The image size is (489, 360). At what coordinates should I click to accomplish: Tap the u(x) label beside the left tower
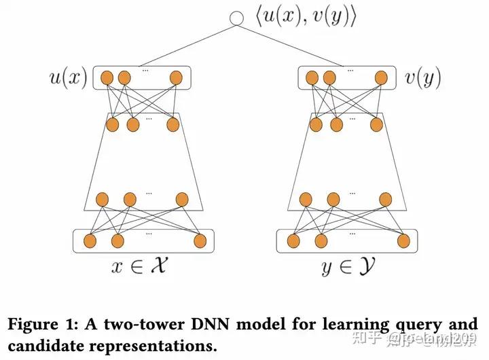point(67,79)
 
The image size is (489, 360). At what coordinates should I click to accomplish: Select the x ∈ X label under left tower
point(138,267)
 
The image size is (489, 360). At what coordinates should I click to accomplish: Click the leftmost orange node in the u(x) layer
point(107,78)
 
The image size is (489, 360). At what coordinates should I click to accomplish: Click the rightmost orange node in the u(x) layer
point(176,78)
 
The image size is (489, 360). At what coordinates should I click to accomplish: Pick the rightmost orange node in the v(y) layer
point(381,78)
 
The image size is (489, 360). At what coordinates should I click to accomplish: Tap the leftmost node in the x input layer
point(88,240)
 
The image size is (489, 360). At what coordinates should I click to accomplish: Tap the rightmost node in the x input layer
point(199,240)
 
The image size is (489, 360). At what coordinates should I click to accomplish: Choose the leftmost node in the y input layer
point(293,240)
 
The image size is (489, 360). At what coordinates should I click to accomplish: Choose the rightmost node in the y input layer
point(403,240)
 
